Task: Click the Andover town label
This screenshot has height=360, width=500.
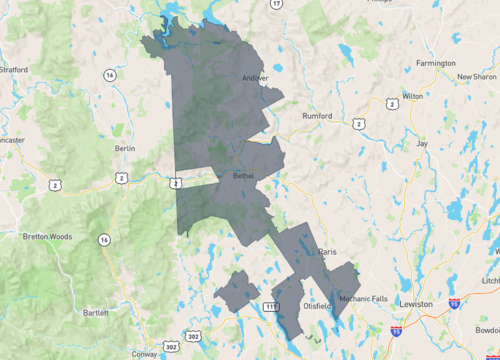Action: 256,78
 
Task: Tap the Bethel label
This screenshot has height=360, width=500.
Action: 245,175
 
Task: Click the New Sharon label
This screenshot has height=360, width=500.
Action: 477,76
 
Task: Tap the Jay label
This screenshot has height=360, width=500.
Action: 421,144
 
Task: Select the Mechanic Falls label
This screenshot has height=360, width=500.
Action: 362,298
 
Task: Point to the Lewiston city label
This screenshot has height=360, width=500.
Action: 415,304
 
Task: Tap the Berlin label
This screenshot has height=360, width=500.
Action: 125,148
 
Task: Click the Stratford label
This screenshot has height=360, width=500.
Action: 13,70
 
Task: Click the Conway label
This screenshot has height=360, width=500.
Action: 143,353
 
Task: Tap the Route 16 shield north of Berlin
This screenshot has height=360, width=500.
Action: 109,76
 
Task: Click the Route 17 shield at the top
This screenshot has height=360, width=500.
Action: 277,4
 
